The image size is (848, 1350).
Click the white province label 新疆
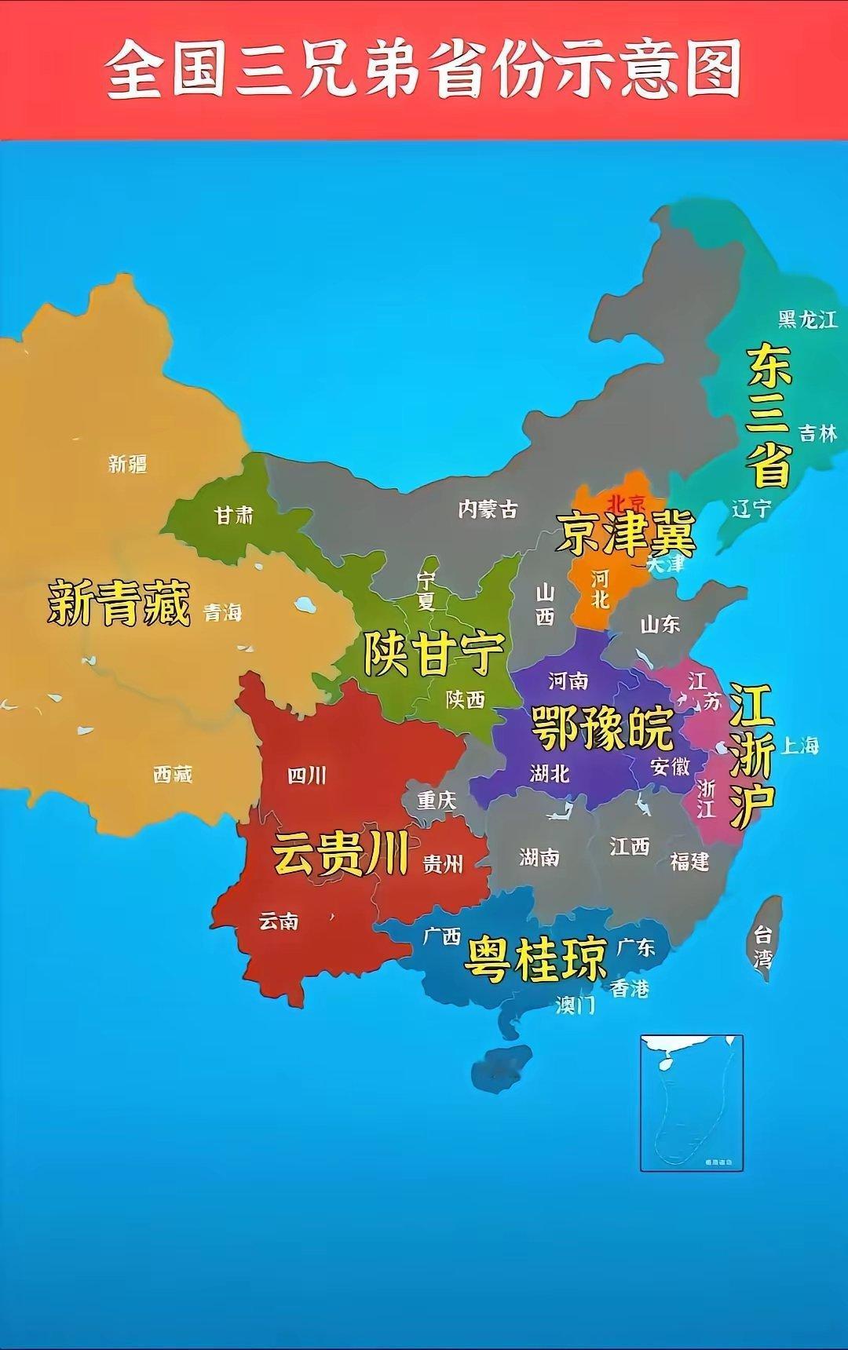(x=127, y=463)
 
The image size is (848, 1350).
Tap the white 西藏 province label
(x=173, y=775)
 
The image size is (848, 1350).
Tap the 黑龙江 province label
(x=807, y=319)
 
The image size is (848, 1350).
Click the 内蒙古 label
(x=488, y=509)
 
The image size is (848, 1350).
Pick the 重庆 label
(x=437, y=800)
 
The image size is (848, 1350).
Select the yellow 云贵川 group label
(x=340, y=854)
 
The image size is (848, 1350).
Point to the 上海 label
(x=799, y=745)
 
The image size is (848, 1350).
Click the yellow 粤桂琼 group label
(x=536, y=958)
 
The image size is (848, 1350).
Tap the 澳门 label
(x=576, y=1005)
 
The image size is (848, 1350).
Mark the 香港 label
(x=630, y=988)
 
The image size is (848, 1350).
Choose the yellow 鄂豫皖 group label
(x=601, y=728)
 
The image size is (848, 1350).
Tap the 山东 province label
(x=660, y=625)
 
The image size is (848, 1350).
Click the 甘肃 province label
(x=235, y=515)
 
